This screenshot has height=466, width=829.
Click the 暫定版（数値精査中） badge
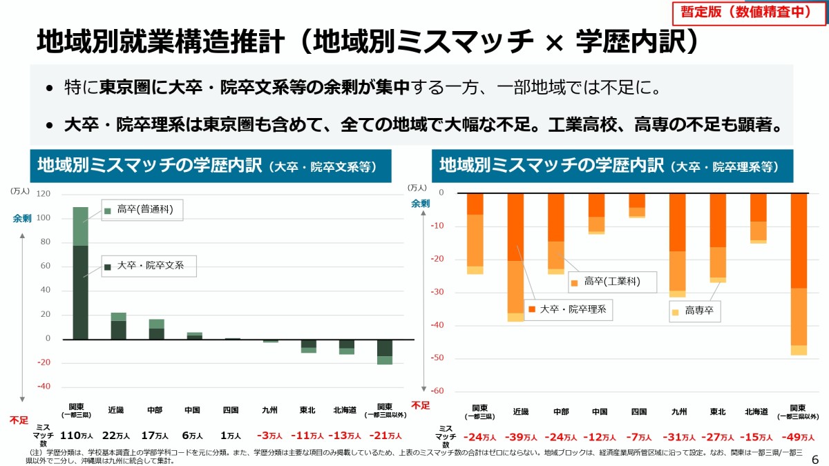coord(743,12)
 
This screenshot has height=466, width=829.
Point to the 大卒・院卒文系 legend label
coord(150,265)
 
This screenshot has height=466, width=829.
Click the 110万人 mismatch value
coord(76,436)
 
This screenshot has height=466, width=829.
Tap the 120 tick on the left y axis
coord(44,194)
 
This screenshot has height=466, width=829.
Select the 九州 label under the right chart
coord(678,411)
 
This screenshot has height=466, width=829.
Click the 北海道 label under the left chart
coord(345,410)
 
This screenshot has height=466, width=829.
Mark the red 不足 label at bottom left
coord(19,419)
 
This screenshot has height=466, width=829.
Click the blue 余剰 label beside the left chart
coord(22,218)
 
